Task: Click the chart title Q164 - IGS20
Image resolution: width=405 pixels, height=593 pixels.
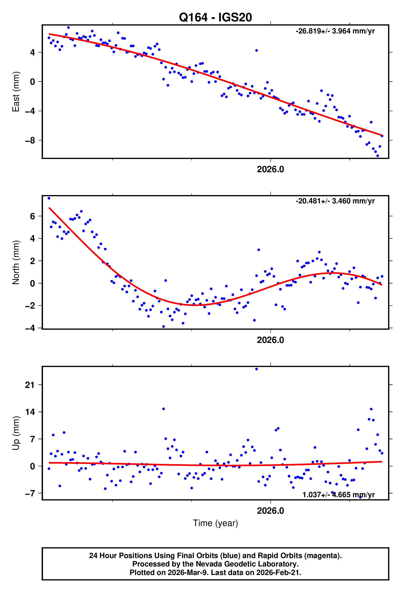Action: pos(215,17)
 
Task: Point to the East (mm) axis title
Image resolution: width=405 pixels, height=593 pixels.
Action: pos(16,92)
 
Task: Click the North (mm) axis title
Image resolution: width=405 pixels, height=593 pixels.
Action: pos(16,262)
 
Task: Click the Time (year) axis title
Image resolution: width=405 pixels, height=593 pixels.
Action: pos(215,523)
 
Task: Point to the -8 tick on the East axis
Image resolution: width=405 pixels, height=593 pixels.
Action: pos(30,140)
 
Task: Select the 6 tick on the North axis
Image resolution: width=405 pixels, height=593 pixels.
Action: pos(32,216)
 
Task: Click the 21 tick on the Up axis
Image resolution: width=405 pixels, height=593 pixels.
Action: pos(30,385)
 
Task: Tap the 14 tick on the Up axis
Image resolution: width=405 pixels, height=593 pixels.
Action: pos(30,412)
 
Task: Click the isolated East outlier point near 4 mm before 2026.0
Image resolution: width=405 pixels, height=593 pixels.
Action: pos(256,50)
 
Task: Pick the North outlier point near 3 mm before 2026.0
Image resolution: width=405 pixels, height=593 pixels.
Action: pos(259,250)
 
